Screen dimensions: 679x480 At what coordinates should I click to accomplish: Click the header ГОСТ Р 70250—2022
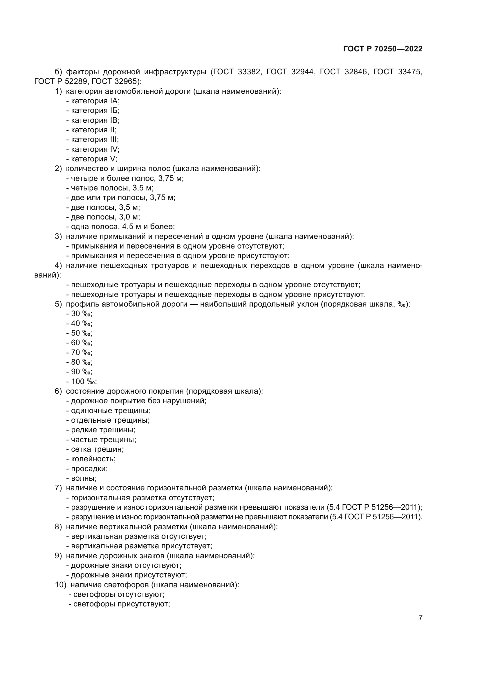[x=383, y=49]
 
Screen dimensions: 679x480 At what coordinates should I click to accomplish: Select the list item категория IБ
[x=93, y=111]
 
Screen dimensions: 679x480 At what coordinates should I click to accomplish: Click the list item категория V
[x=92, y=159]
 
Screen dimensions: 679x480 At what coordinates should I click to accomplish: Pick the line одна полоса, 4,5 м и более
[x=121, y=227]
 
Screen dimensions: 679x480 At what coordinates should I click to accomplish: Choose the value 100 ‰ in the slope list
[x=82, y=381]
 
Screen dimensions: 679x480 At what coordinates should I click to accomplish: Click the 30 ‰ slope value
[x=80, y=314]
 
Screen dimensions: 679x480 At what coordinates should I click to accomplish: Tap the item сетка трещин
[x=95, y=449]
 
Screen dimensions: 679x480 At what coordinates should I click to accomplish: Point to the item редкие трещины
[x=101, y=430]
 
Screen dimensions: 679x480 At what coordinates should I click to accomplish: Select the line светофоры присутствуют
[x=119, y=604]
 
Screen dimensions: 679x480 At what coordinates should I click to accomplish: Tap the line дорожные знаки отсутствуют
[x=124, y=565]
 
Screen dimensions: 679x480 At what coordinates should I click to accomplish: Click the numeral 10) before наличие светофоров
[x=61, y=585]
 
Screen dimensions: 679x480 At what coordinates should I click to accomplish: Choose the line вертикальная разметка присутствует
[x=139, y=546]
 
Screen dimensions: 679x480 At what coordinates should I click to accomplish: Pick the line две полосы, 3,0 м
[x=103, y=217]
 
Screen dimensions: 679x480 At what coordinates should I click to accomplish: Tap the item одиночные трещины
[x=109, y=411]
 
